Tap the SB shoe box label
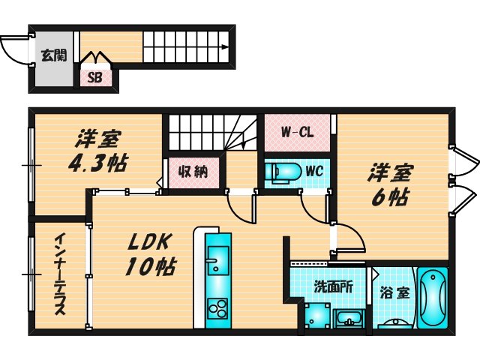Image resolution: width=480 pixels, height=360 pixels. point(95,76)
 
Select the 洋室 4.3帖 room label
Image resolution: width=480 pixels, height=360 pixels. point(100,151)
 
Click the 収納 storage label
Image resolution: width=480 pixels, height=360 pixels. point(193,172)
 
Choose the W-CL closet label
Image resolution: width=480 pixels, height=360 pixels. point(297,133)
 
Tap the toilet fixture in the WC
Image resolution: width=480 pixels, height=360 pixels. point(284,172)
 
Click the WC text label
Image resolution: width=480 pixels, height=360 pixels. point(313,171)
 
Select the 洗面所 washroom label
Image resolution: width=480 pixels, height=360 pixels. point(328,286)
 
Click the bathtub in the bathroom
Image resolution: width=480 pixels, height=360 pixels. point(432,297)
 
